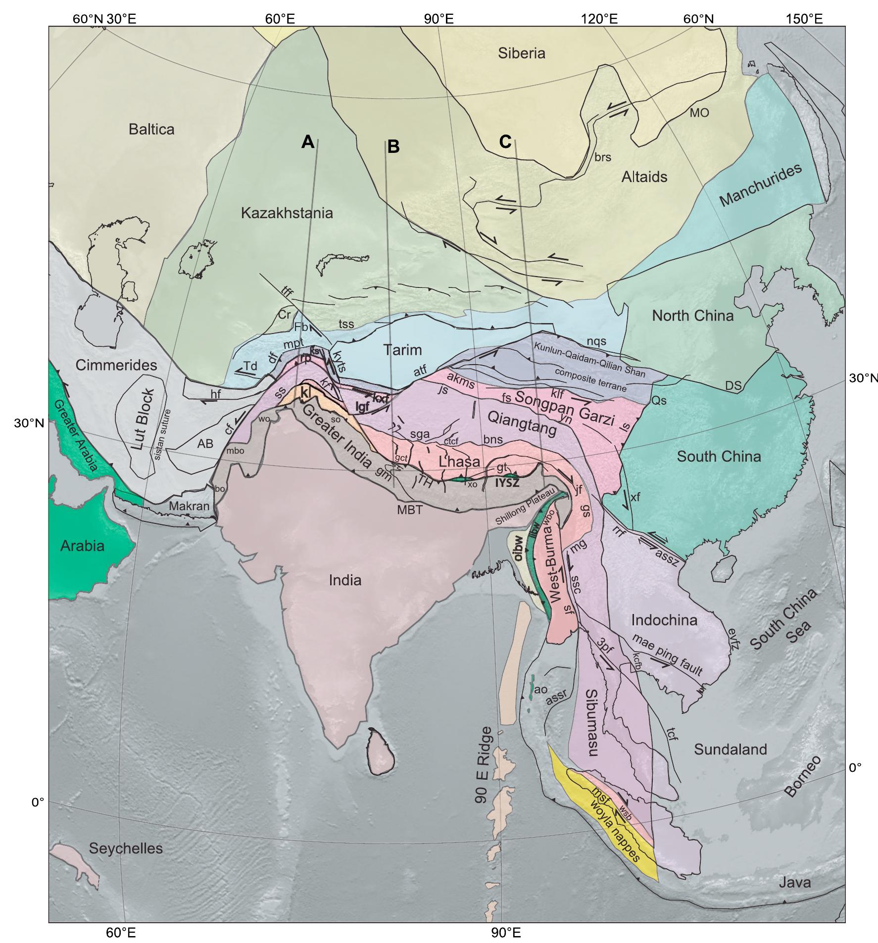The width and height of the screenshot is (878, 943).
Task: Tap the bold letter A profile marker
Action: [307, 142]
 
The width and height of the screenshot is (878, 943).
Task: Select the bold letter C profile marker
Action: [505, 142]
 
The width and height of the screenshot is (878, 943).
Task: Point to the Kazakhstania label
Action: [287, 213]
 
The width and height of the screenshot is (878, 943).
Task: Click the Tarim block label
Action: [403, 350]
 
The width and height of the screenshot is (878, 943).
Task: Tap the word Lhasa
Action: [459, 462]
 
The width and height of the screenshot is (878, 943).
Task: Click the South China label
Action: [719, 456]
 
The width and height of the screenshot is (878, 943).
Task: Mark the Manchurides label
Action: [760, 186]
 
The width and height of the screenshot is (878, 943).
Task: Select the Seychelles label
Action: [126, 849]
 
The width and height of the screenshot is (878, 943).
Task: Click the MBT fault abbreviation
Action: [410, 509]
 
